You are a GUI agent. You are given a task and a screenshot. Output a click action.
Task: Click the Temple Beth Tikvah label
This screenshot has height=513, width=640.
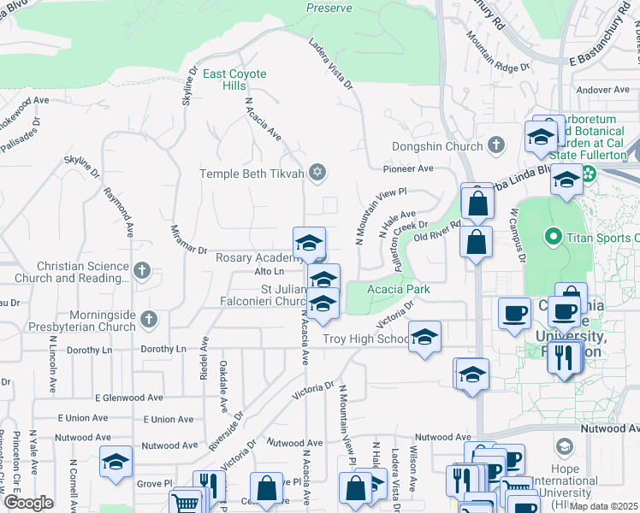pos(252,174)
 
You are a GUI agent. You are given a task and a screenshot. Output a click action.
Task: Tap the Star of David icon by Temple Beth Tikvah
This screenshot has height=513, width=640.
pos(317,174)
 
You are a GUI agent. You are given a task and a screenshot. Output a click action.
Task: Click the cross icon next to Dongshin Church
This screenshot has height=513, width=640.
pos(495,146)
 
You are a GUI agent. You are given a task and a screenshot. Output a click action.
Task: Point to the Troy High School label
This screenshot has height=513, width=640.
pos(365,339)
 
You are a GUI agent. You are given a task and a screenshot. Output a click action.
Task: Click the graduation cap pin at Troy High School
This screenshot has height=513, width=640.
pos(424,337)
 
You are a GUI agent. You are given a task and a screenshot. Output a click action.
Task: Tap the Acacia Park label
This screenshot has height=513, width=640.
pos(398,290)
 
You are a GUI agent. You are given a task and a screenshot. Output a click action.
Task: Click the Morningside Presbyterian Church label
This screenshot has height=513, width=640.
pos(92,321)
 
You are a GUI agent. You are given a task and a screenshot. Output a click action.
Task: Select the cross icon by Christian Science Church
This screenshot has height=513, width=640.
pos(142,272)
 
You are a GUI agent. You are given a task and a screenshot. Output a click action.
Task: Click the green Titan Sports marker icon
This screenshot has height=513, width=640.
pos(553,237)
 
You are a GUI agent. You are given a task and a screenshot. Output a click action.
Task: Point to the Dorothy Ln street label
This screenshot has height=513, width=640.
pos(163,349)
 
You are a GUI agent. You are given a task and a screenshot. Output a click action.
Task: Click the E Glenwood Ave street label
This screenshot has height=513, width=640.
pos(128,398)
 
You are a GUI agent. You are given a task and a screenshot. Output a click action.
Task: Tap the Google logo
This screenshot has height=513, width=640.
pos(28,503)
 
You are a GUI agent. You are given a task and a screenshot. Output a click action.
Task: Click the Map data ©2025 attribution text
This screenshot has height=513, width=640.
pos(603,506)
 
